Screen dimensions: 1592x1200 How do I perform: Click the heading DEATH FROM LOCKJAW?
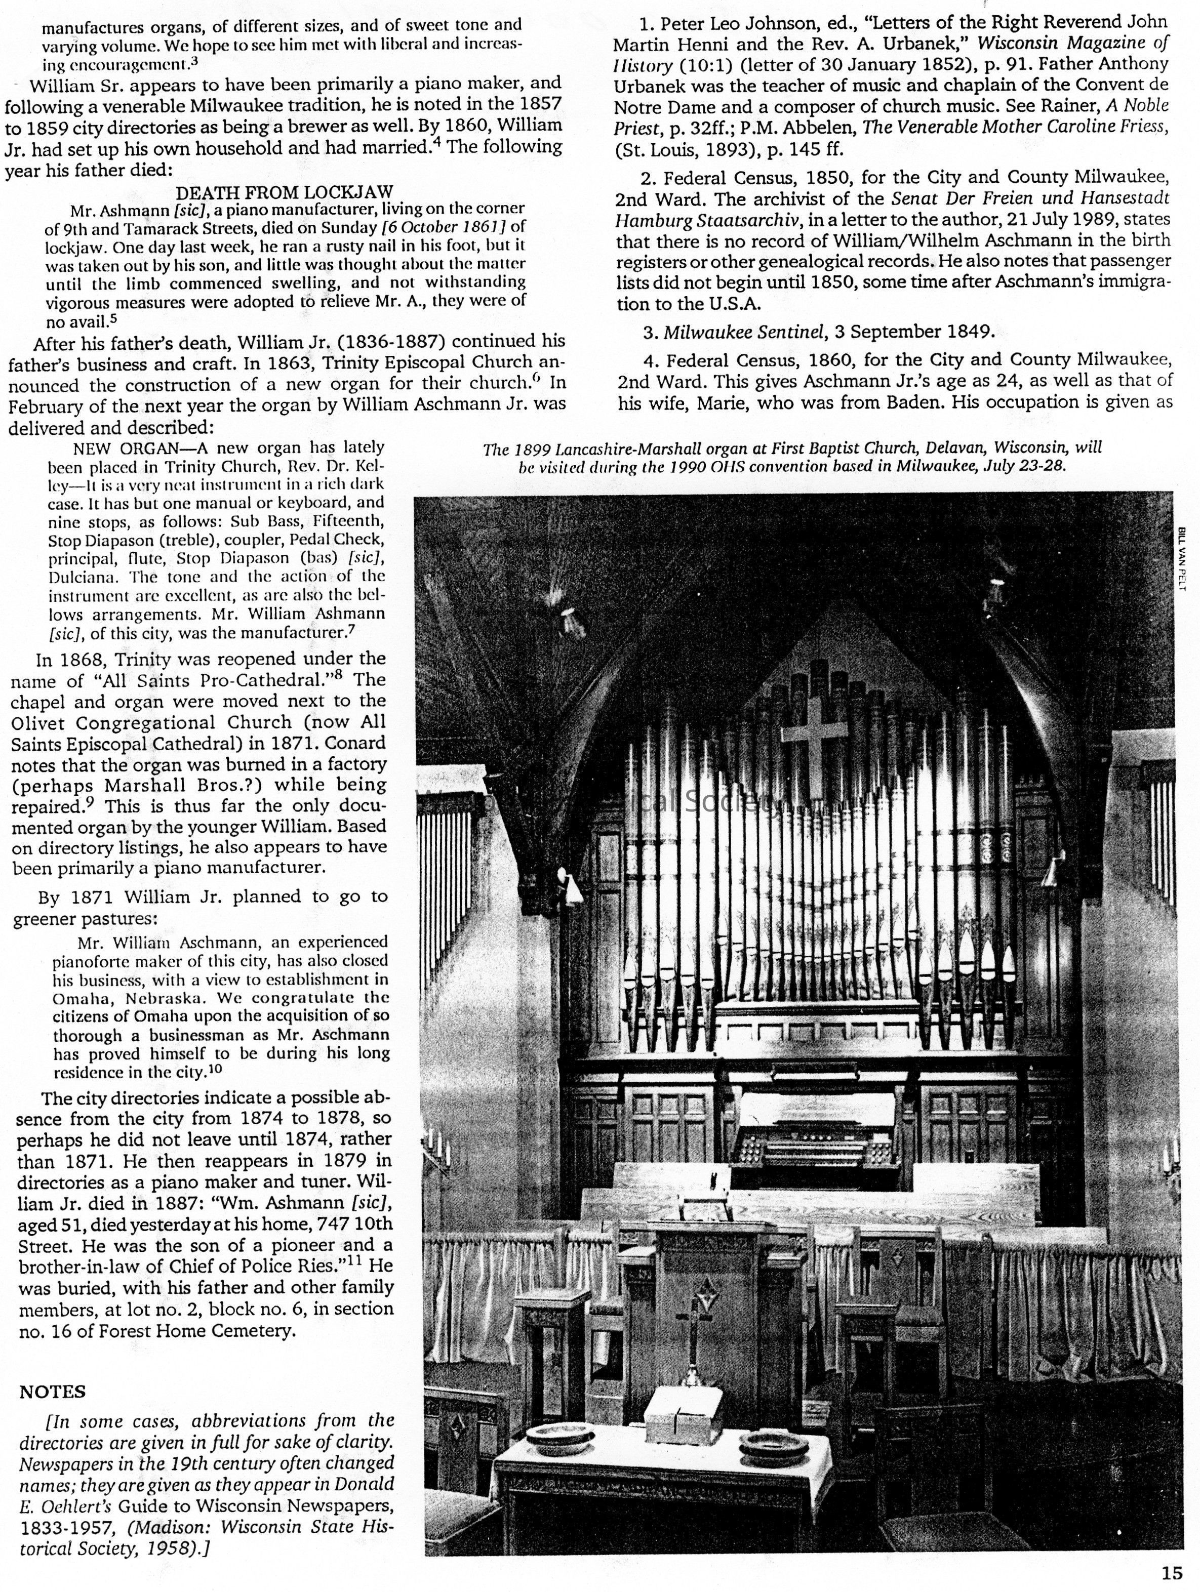(x=285, y=193)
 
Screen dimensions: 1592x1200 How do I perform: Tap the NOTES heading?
(x=53, y=1392)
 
